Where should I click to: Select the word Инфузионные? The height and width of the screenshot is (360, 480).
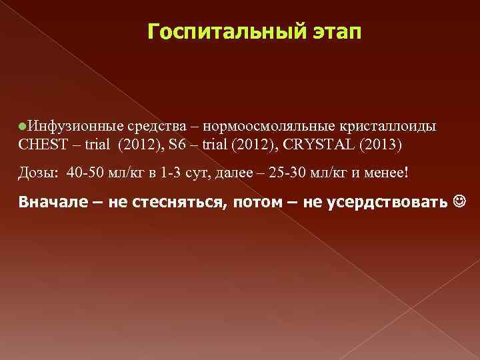(x=65, y=125)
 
